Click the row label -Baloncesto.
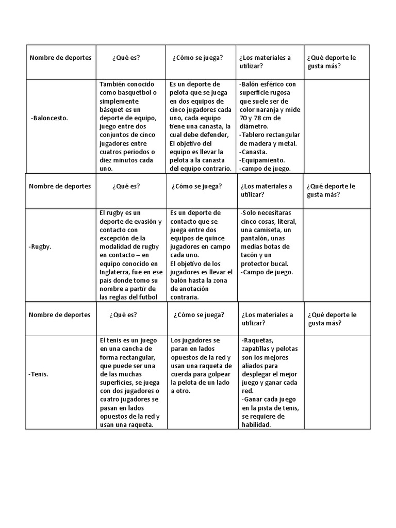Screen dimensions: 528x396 click(49, 118)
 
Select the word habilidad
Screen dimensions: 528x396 click(256, 424)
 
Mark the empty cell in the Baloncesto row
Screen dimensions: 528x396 click(337, 126)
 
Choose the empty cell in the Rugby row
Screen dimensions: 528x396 click(337, 255)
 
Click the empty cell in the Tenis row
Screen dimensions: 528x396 click(338, 382)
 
